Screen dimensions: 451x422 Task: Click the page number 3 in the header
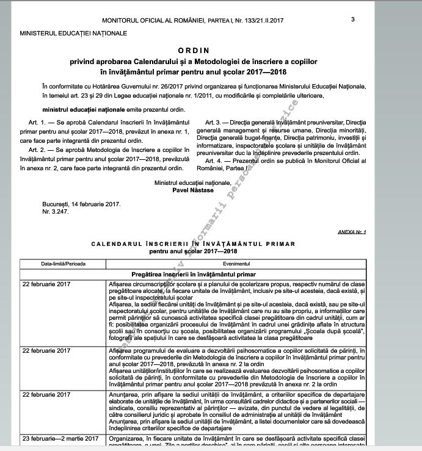[x=354, y=20]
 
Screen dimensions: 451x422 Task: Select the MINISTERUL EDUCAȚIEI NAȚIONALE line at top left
[x=73, y=33]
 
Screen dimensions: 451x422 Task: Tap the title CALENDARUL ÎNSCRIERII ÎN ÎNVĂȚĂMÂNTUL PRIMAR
[x=193, y=244]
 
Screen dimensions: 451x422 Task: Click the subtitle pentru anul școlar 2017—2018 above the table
[x=193, y=251]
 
